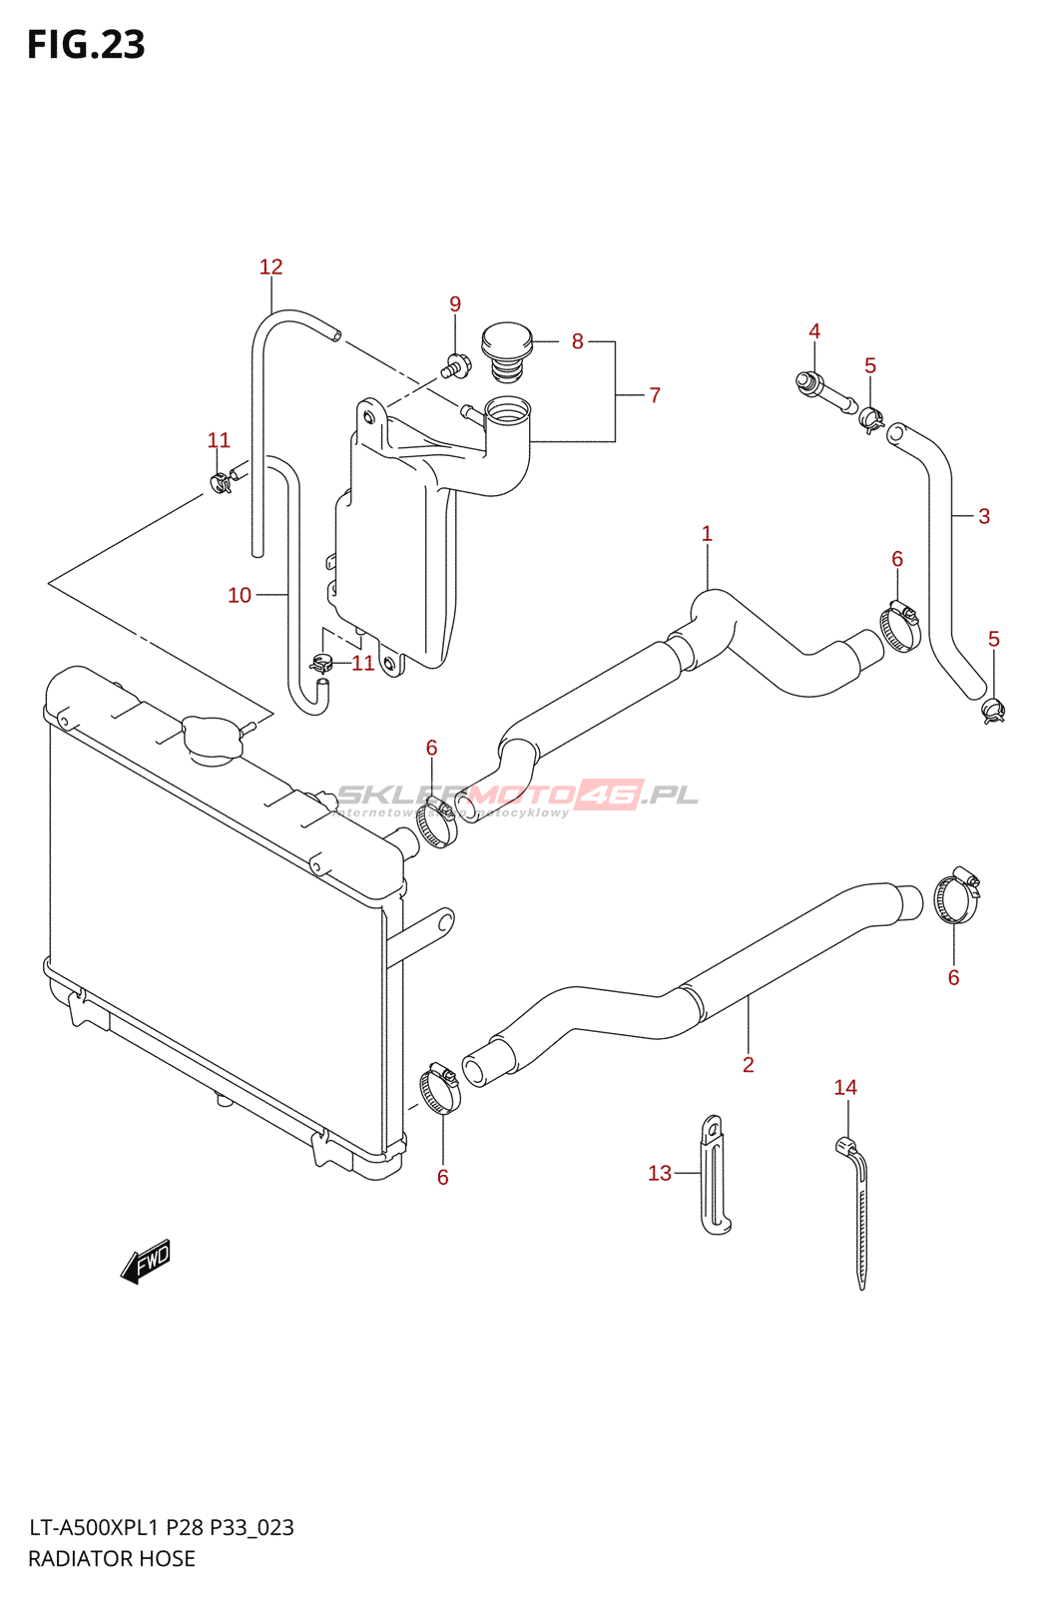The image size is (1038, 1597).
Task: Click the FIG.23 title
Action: pos(86,45)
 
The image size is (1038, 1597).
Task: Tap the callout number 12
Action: pos(270,266)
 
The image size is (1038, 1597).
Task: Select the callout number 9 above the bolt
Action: pos(455,303)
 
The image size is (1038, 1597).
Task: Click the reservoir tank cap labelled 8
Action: pos(507,344)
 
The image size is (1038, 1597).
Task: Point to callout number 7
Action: pos(655,395)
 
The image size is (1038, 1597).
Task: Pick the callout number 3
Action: pos(984,516)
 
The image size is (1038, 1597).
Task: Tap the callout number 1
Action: pos(707,534)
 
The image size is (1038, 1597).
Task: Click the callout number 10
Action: pos(240,595)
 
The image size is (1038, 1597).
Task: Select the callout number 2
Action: pos(749,1065)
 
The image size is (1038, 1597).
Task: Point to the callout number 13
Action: pos(660,1173)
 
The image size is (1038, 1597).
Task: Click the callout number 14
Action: pos(845,1087)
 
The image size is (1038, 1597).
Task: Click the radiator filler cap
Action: pos(212,739)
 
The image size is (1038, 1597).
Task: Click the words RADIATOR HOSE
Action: pos(112,1558)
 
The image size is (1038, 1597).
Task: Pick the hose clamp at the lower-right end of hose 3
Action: pos(993,710)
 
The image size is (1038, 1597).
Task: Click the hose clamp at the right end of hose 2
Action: pos(956,895)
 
